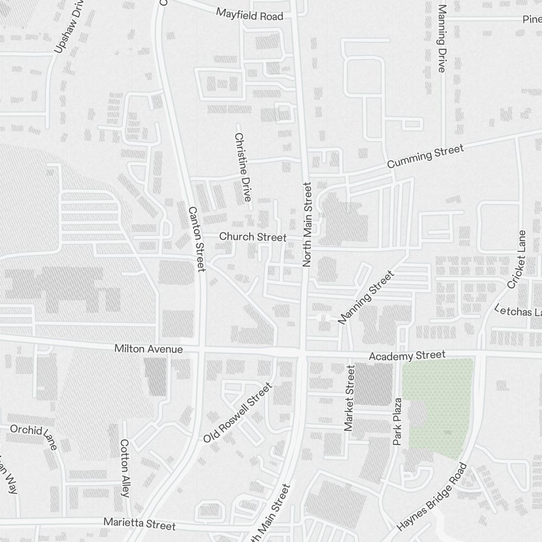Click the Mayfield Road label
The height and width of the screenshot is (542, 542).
coord(249,14)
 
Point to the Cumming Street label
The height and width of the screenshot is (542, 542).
coord(425,156)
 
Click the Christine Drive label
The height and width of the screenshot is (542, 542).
coord(242,167)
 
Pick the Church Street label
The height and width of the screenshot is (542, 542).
coord(253,237)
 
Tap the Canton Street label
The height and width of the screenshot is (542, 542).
coord(196,238)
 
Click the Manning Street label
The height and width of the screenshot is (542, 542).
coord(365,298)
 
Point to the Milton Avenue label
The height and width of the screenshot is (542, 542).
coord(149,349)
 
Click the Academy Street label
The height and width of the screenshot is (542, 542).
coord(407,356)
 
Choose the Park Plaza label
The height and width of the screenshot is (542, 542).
coord(398,422)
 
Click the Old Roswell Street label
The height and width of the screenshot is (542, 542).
coord(237,413)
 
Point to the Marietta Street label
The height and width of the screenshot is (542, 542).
coord(140,524)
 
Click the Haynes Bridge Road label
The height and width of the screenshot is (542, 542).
coord(431,496)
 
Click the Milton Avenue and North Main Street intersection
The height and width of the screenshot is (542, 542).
coord(302,352)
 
